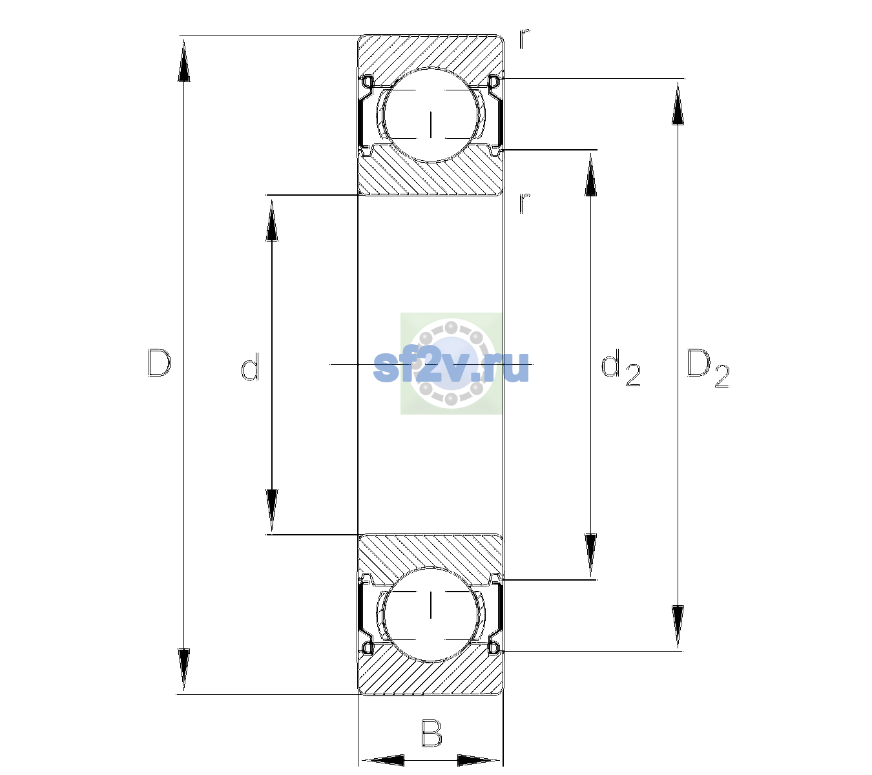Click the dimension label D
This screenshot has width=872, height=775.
click(x=160, y=363)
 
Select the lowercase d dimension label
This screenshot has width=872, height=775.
click(x=251, y=367)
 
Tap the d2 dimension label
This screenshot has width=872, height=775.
click(x=621, y=367)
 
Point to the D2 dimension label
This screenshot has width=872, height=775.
click(x=707, y=368)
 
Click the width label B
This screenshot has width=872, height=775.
click(x=431, y=733)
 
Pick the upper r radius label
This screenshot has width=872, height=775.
click(x=524, y=39)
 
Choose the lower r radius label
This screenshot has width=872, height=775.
click(x=524, y=203)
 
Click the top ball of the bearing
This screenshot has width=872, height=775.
click(x=431, y=115)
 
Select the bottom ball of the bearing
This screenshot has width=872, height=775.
click(x=431, y=614)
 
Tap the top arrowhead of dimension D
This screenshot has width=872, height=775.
click(x=184, y=60)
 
